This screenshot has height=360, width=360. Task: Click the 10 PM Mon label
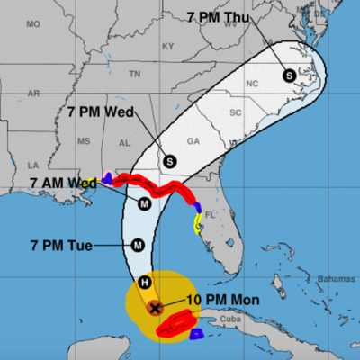point(219,300)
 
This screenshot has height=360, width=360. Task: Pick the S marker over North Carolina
point(288,76)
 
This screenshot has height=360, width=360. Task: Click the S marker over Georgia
point(168,162)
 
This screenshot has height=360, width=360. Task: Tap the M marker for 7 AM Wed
point(144,204)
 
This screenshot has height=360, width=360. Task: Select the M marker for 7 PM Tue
point(138,244)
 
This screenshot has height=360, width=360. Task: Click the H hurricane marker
point(143,283)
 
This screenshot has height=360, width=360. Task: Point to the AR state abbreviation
point(34,94)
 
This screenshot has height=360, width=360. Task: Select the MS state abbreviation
point(84,141)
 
